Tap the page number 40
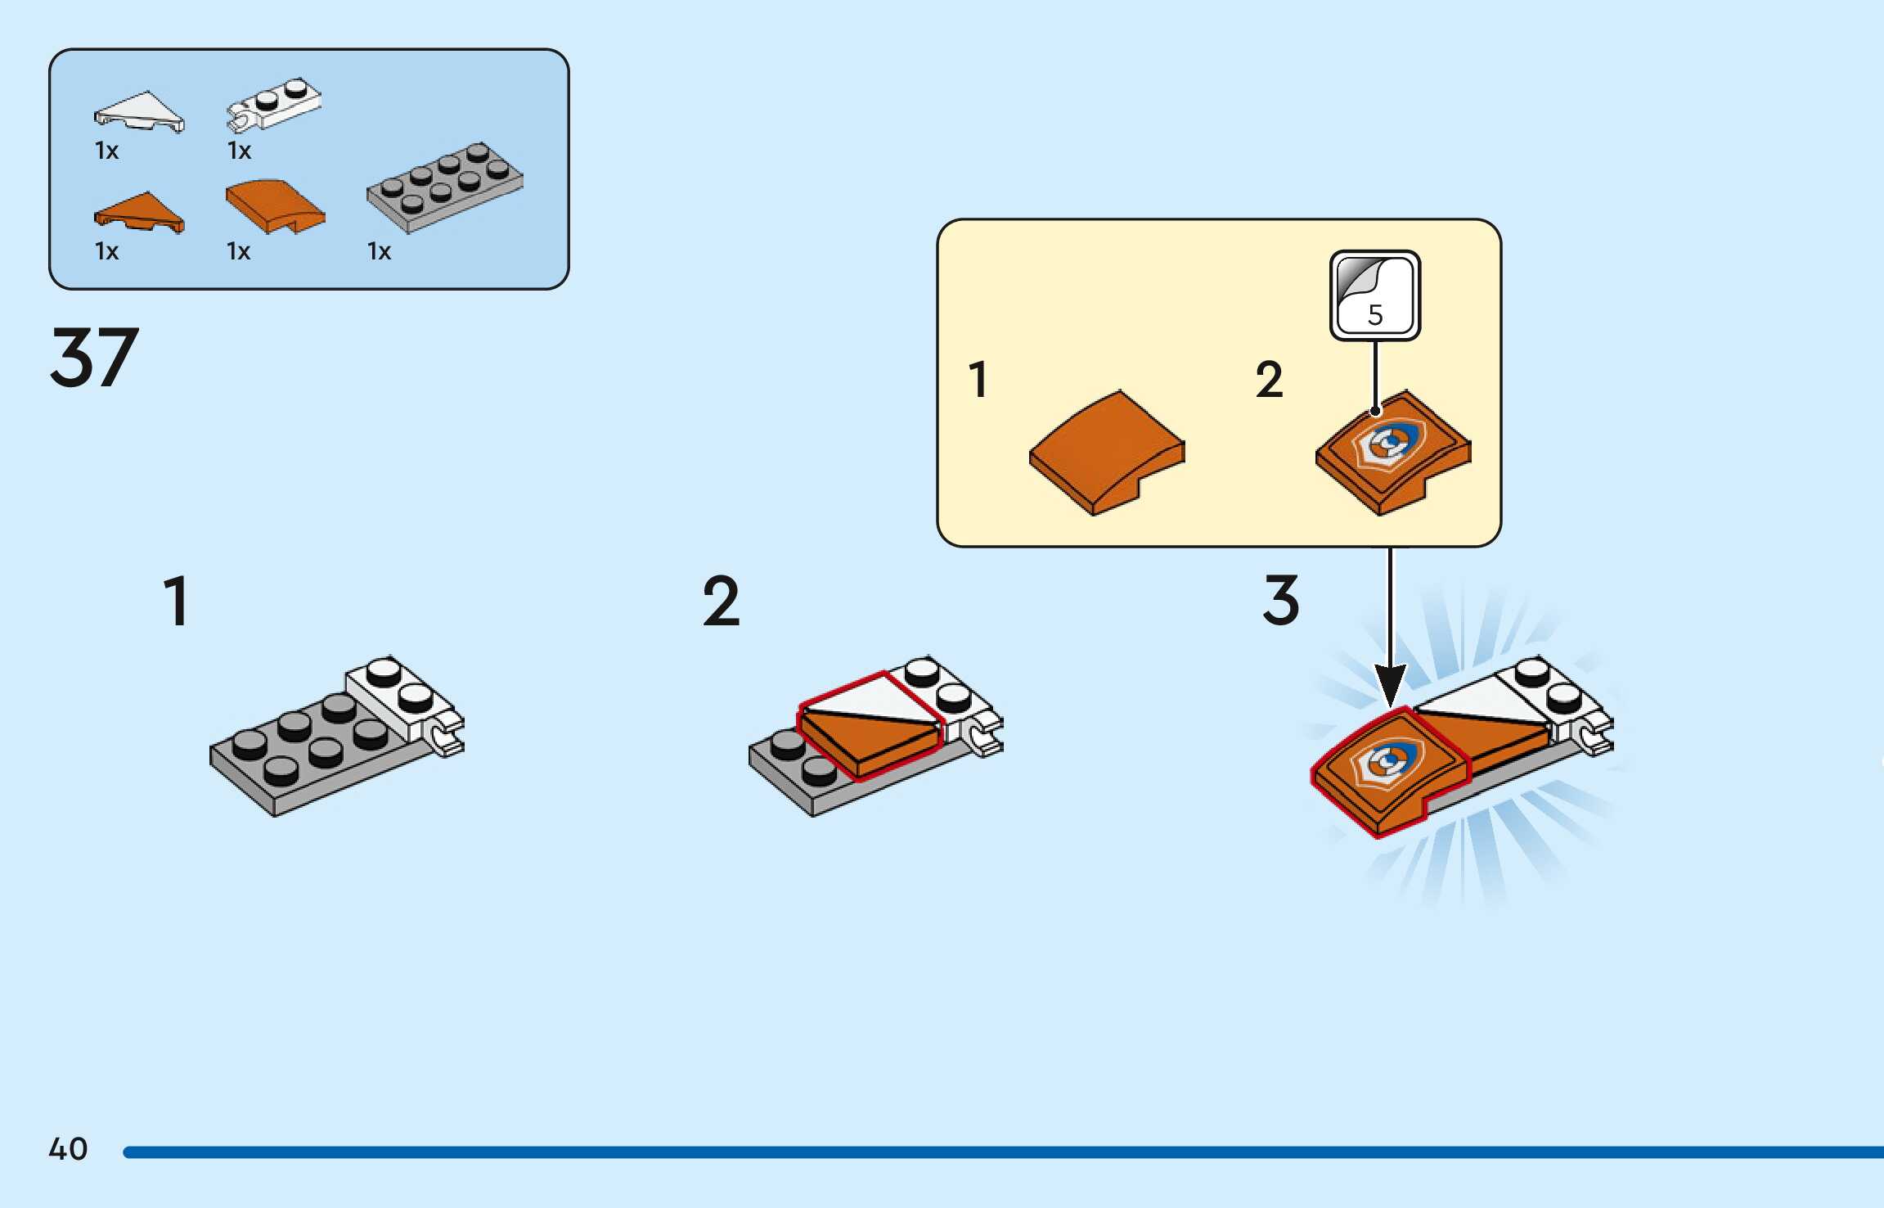(68, 1148)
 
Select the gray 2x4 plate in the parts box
(445, 187)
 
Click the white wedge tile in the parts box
(139, 111)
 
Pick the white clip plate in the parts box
(274, 104)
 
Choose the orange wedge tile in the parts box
(139, 213)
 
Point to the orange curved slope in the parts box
(275, 205)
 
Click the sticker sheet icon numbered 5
(1374, 295)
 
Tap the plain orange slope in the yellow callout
(1106, 452)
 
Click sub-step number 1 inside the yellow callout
(978, 380)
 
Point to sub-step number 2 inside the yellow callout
(1269, 380)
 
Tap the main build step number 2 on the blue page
(721, 602)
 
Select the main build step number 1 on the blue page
(177, 602)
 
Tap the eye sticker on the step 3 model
(1388, 764)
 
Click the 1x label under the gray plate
(379, 251)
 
